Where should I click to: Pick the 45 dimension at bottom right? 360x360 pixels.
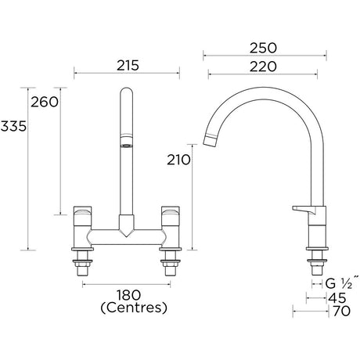pos(339,297)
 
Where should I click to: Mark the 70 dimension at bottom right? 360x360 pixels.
pos(339,311)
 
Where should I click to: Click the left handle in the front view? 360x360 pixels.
pos(82,213)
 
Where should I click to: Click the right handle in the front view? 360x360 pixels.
pos(170,213)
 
